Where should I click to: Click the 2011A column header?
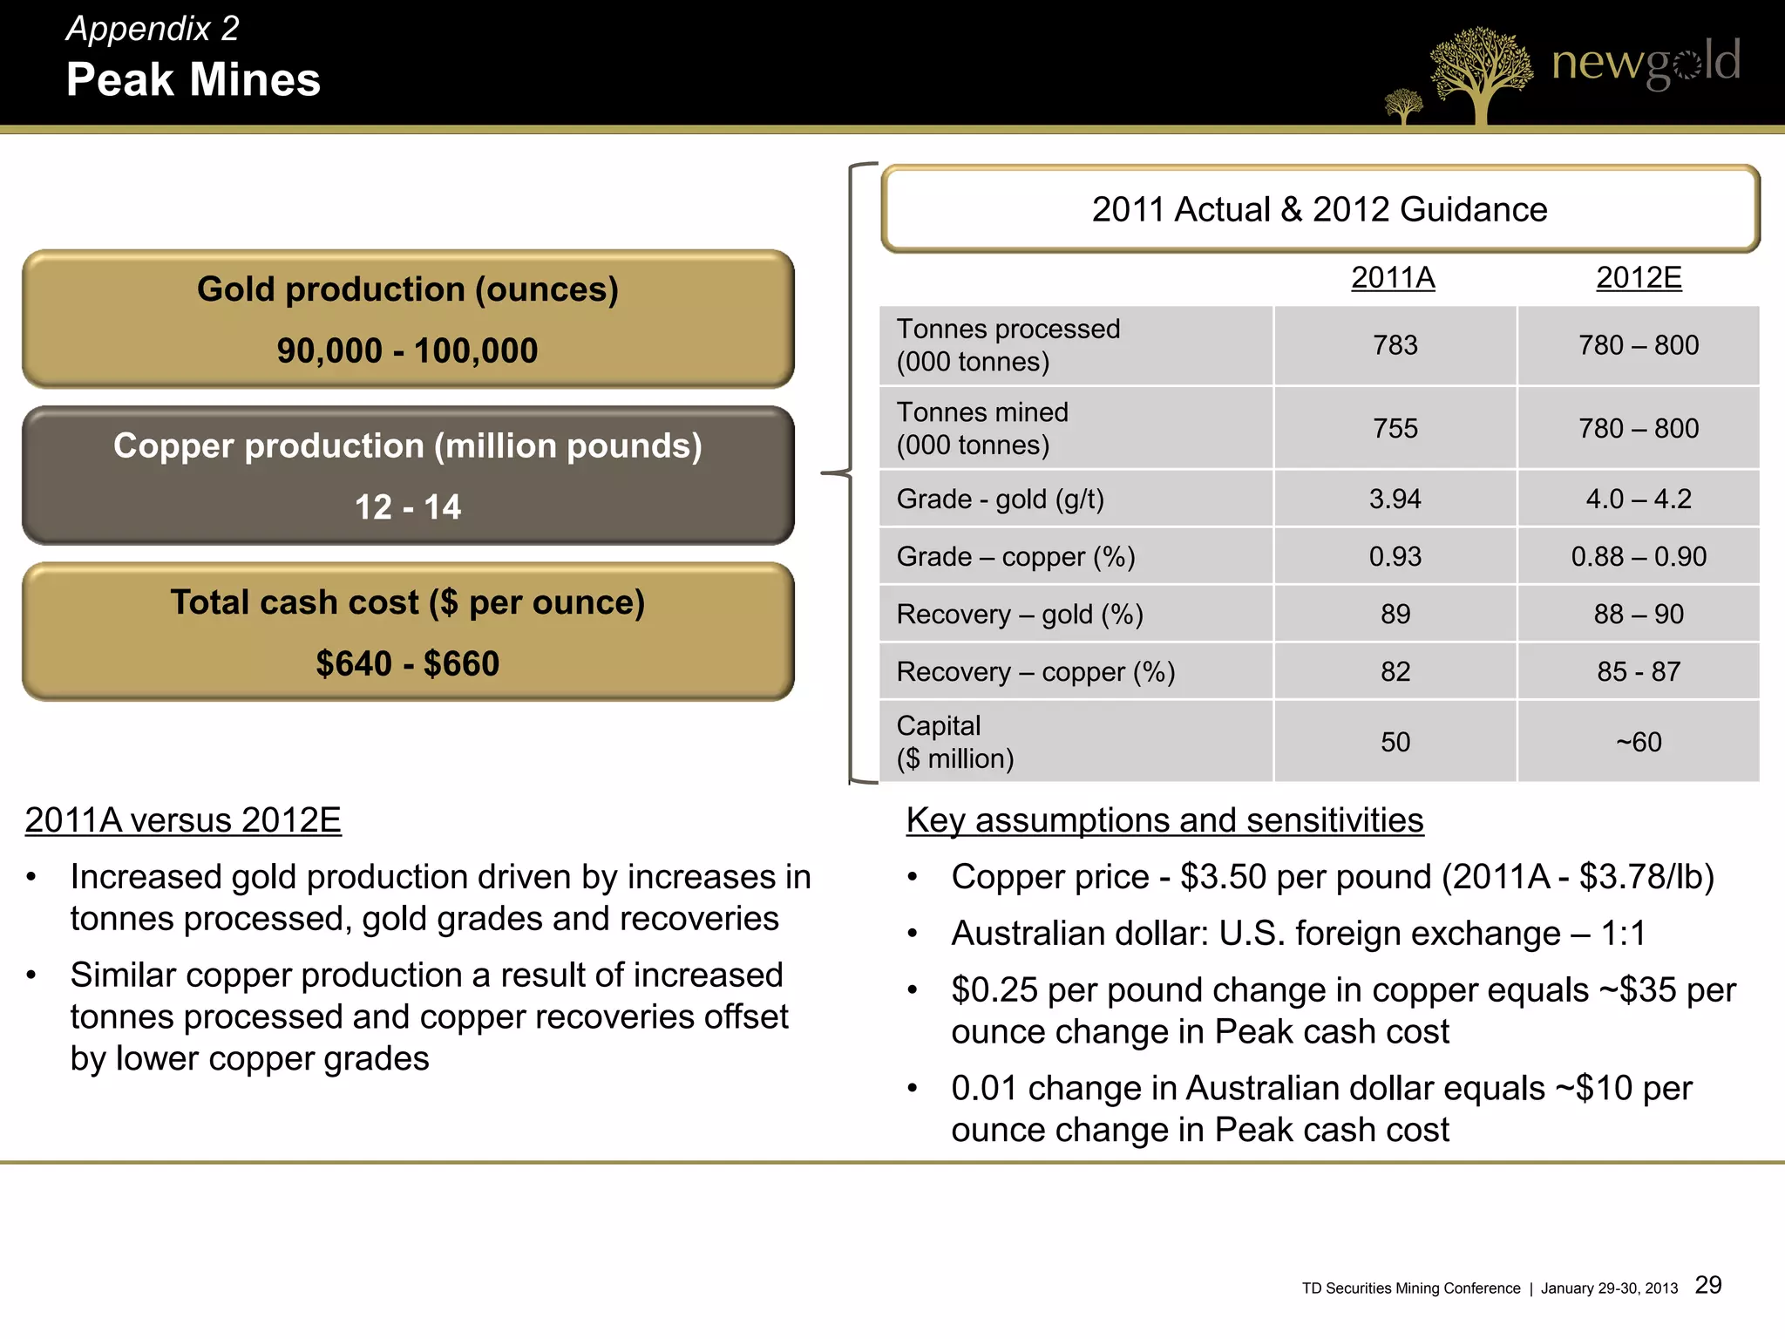[1393, 278]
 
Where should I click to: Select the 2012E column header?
[1639, 278]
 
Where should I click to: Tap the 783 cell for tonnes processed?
[1395, 345]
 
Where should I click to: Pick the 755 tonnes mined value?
[1395, 428]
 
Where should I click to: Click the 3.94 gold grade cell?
[1395, 499]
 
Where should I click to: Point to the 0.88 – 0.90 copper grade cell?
[1639, 556]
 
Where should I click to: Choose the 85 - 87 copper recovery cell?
[1639, 671]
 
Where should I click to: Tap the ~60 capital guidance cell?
[1639, 742]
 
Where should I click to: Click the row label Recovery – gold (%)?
[1020, 615]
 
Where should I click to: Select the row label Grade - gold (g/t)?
[1001, 499]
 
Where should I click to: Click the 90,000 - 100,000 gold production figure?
[407, 350]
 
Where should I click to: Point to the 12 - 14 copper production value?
[407, 506]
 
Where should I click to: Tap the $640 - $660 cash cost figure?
[407, 663]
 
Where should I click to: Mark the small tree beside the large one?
[1403, 106]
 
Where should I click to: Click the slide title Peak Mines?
[193, 79]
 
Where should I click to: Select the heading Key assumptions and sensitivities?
[1164, 820]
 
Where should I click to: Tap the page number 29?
[1708, 1285]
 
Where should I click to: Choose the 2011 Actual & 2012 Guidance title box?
[1320, 209]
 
